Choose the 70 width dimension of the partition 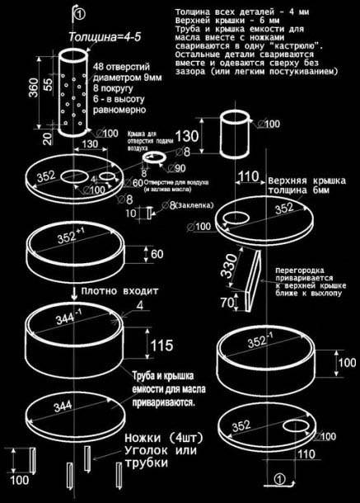tap(227, 303)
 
